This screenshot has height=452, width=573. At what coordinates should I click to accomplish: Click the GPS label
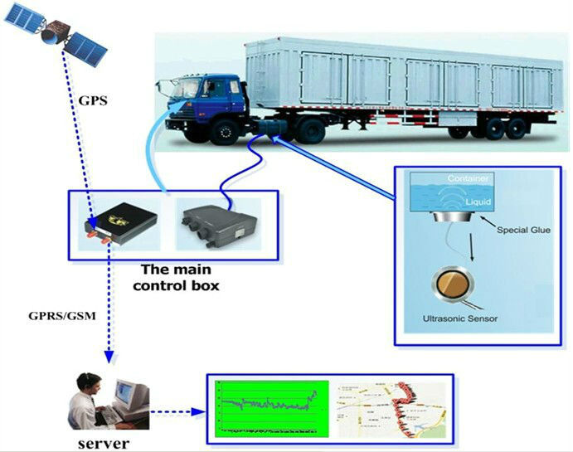point(93,100)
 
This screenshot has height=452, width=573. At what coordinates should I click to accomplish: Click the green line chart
point(270,408)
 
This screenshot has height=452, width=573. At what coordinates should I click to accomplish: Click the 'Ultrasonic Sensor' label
point(459,318)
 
